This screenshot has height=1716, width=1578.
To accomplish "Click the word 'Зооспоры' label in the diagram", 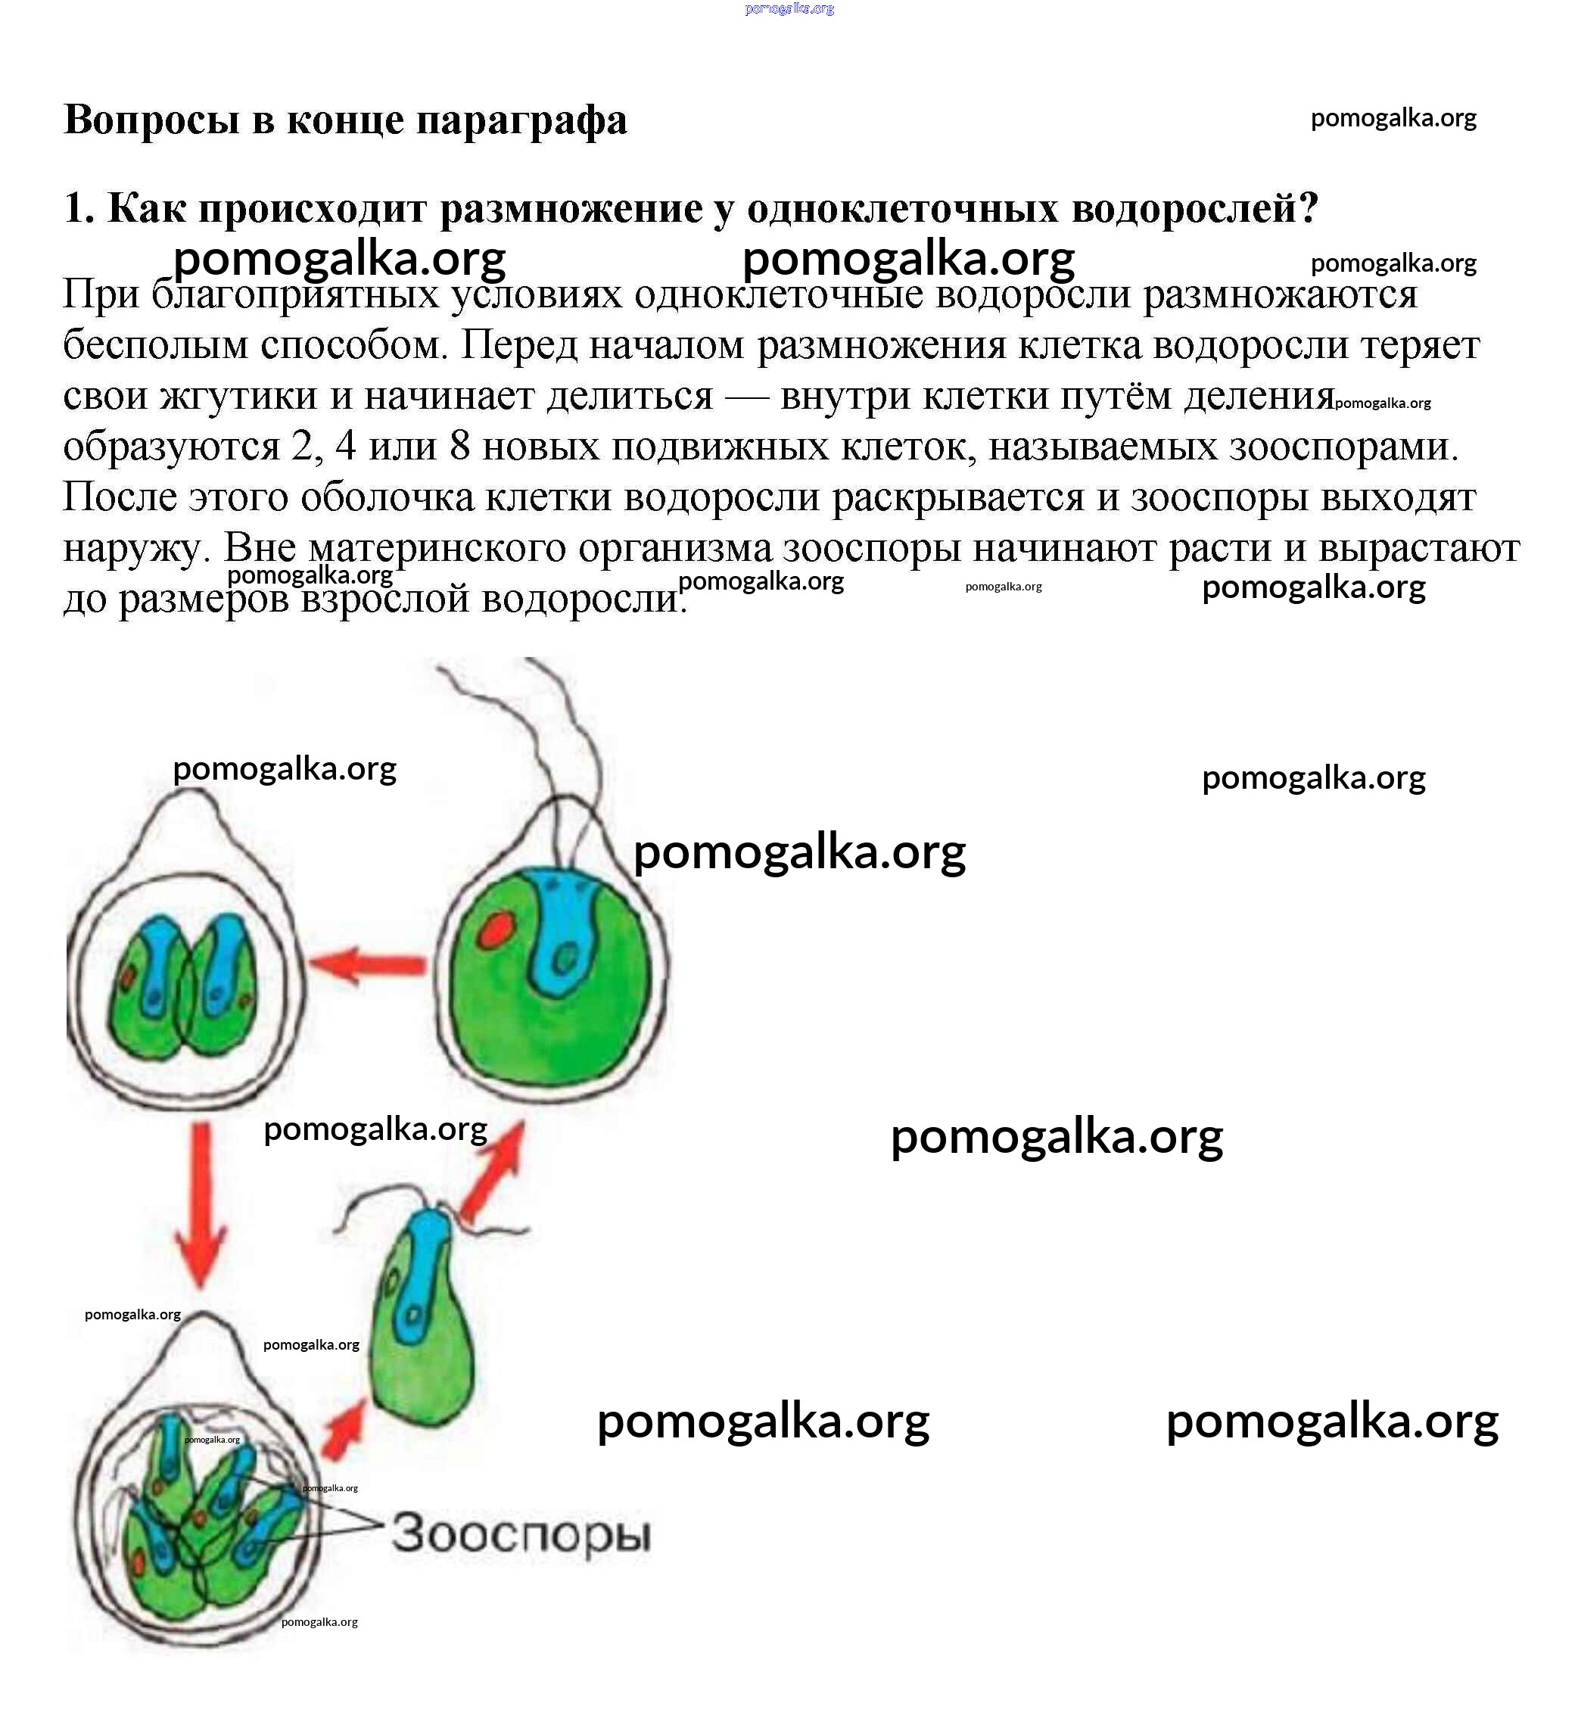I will click(x=521, y=1534).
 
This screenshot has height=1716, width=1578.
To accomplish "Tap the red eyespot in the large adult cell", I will click(x=494, y=930).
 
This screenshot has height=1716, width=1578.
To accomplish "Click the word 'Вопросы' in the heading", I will click(x=151, y=120).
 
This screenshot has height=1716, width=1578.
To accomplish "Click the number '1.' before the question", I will click(x=79, y=207).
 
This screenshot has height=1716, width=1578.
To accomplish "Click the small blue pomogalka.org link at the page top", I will click(x=789, y=8).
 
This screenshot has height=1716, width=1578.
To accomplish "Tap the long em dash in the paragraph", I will click(x=746, y=395).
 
